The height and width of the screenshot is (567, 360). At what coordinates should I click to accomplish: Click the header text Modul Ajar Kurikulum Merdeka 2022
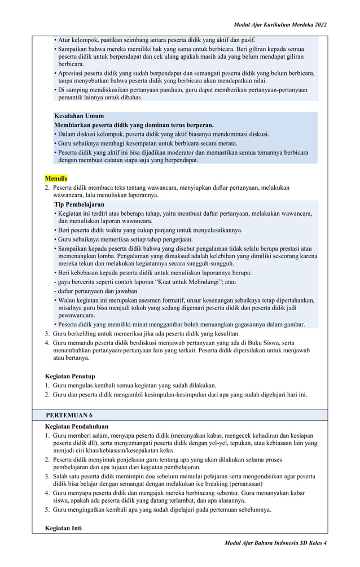coord(280,25)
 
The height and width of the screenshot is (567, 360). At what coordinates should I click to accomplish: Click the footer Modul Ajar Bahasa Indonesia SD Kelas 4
coord(275,542)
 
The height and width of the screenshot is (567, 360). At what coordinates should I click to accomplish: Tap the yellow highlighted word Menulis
coord(56,178)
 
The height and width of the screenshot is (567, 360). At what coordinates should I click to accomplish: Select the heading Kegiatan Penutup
coord(70,376)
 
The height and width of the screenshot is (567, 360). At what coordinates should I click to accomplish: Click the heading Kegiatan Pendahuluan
coord(76,426)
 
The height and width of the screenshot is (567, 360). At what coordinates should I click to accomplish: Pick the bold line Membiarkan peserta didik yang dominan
coord(133,125)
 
